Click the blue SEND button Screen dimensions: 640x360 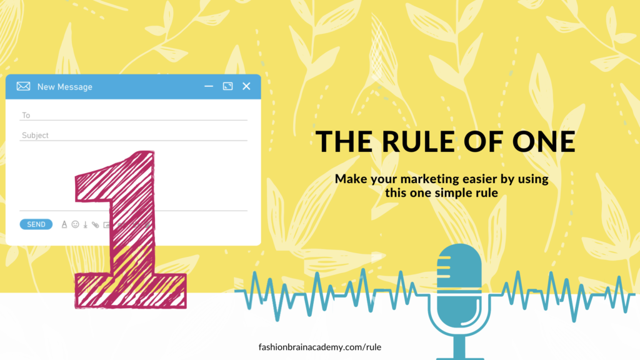[x=36, y=224]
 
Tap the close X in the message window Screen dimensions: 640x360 [x=246, y=86]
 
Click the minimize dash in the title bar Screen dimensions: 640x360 [x=209, y=86]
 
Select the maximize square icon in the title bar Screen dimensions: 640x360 [x=227, y=86]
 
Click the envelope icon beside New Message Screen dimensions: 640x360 [x=23, y=86]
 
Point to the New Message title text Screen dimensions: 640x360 [x=64, y=86]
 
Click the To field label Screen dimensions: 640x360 [x=26, y=115]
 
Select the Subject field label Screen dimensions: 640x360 [x=35, y=135]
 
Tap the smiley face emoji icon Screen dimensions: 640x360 [x=75, y=224]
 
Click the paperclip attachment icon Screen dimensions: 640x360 [x=95, y=224]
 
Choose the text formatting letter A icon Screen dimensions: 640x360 [x=64, y=224]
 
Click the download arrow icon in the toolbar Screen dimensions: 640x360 [x=85, y=224]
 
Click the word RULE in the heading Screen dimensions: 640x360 [x=418, y=141]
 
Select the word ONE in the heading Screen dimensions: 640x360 [x=544, y=141]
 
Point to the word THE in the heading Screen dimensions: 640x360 [x=344, y=141]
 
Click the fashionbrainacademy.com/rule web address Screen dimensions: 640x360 [x=320, y=347]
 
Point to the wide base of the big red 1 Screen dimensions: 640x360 [x=131, y=291]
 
